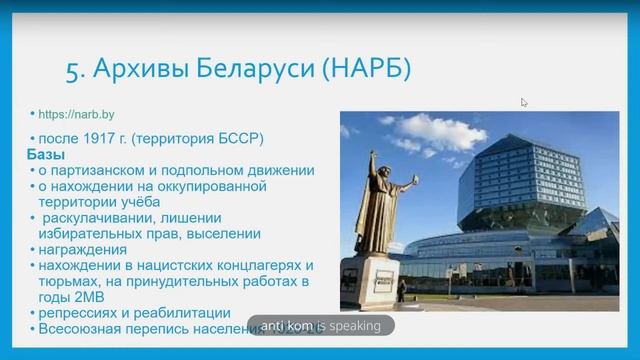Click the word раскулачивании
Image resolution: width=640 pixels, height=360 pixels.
point(93,218)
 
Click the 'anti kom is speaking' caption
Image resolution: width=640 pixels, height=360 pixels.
point(322,324)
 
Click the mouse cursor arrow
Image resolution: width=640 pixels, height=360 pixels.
point(524,102)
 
